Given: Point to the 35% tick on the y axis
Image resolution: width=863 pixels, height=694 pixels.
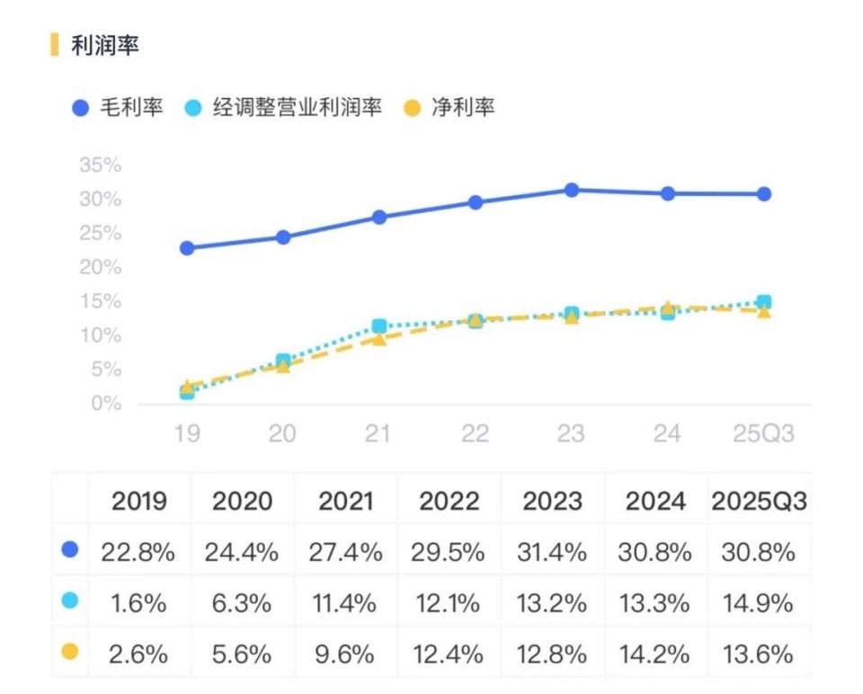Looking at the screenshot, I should [x=100, y=165].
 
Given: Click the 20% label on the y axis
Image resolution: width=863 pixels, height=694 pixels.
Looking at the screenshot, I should [x=100, y=268].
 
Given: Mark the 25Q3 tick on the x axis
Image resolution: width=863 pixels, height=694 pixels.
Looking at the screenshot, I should [x=762, y=433].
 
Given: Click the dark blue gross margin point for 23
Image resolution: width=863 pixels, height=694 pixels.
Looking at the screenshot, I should [x=571, y=190].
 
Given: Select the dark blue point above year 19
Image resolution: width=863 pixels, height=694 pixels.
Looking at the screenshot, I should [x=187, y=248].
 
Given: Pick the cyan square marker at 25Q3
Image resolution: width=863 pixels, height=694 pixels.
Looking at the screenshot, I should [x=763, y=302].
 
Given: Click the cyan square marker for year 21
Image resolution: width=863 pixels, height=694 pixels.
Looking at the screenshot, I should [x=379, y=325].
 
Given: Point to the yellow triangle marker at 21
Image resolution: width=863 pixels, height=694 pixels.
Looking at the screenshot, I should [x=379, y=339].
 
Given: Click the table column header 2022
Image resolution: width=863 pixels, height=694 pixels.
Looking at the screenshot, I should [x=449, y=502].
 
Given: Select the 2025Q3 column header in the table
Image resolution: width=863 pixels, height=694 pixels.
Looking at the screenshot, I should [x=759, y=502].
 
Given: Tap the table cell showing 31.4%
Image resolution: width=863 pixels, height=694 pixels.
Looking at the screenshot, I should [x=552, y=552].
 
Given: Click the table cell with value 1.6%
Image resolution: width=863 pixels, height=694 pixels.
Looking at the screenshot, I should [x=139, y=602].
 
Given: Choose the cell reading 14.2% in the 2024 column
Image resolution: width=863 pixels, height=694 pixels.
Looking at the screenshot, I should [x=655, y=653].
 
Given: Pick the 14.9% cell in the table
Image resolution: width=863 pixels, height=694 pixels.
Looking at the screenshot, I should [x=759, y=602].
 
